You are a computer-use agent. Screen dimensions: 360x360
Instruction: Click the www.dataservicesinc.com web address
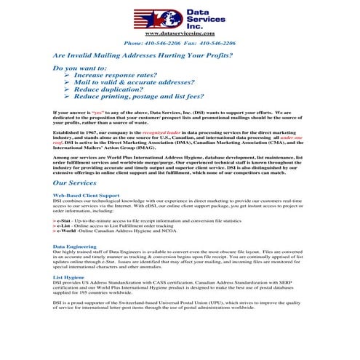coord(180,33)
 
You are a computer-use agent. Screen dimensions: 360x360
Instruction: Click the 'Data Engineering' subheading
coord(75,247)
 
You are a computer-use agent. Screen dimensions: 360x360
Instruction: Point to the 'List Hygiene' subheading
coord(68,277)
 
